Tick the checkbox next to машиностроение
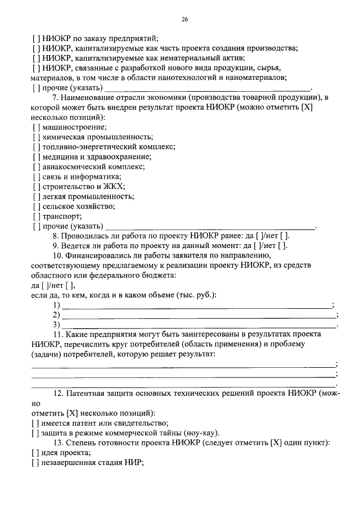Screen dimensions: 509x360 [x=35, y=127]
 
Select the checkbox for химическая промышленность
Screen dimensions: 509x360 [x=35, y=137]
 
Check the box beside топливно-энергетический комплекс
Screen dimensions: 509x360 [x=35, y=147]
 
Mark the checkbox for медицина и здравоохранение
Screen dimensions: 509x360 [x=35, y=157]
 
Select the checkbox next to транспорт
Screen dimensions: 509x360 [x=35, y=216]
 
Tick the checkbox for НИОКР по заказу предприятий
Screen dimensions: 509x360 [x=35, y=39]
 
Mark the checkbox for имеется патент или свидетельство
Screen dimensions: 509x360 [x=35, y=423]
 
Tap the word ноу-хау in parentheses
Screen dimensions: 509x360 [x=198, y=433]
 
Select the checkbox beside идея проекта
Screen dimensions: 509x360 [x=35, y=453]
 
